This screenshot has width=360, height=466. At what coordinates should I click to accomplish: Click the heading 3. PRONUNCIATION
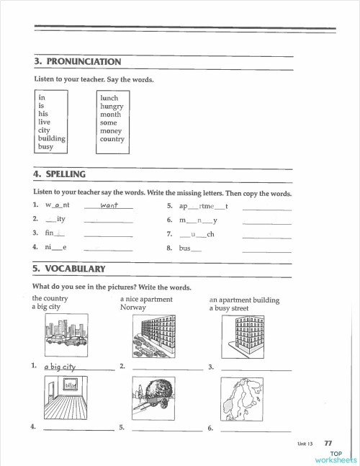(x=77, y=62)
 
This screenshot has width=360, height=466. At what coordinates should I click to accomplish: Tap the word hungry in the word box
(x=112, y=106)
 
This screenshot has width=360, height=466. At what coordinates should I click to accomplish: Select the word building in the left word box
(x=53, y=138)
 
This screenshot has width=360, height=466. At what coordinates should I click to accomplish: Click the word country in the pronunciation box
(x=112, y=139)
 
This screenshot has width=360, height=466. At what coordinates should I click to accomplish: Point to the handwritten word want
(x=109, y=206)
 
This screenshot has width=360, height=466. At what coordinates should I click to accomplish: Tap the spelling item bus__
(x=190, y=248)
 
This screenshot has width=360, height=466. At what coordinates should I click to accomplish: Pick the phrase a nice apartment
(x=146, y=299)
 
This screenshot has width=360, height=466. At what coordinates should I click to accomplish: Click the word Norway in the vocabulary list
(x=133, y=308)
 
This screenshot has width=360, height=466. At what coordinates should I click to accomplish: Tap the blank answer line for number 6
(x=256, y=431)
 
